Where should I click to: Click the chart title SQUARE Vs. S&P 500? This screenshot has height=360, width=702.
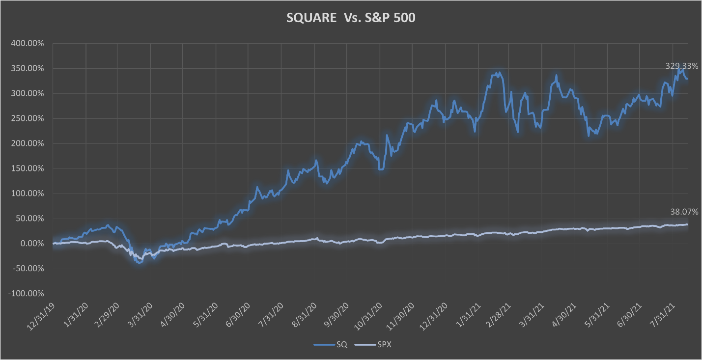coord(350,19)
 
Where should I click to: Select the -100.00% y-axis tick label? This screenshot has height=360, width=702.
coord(26,294)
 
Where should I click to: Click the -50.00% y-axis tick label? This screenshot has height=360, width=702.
coord(28,269)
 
